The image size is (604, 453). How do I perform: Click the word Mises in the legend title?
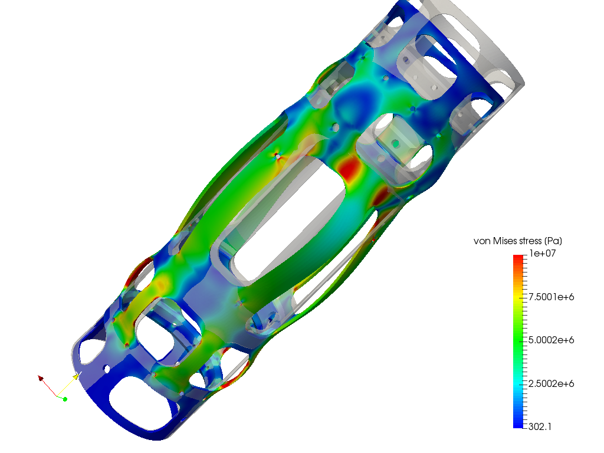[x=505, y=241]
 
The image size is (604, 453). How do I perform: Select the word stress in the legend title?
[x=530, y=241]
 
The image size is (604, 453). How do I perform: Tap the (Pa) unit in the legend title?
[x=553, y=241]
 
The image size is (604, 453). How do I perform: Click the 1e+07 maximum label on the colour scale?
[x=543, y=254]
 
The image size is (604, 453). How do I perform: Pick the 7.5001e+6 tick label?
[x=552, y=297]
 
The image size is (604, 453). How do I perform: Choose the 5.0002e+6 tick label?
[x=552, y=340]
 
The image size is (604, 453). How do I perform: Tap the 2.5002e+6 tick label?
[x=552, y=383]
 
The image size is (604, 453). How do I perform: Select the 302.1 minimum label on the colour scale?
[x=540, y=427]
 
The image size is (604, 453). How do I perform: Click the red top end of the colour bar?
[x=518, y=257]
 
